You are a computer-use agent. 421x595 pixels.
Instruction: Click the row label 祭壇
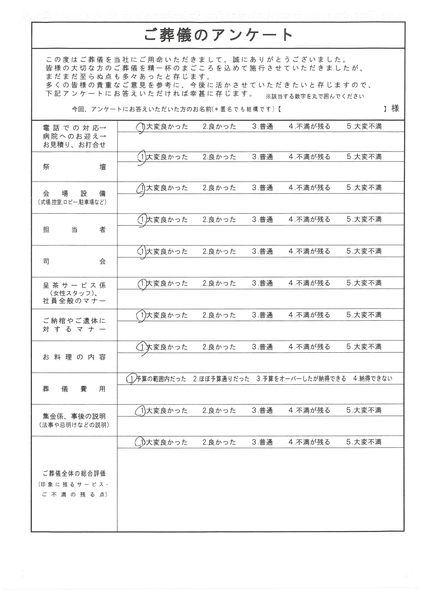pos(74,167)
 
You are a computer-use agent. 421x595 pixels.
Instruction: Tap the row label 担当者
pos(74,230)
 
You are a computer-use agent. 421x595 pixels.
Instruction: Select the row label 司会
pos(74,261)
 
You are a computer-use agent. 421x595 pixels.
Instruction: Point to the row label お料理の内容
pos(74,357)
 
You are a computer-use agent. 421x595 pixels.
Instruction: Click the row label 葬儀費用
pos(74,389)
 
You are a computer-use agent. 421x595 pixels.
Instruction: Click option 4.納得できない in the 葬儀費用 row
pos(373,379)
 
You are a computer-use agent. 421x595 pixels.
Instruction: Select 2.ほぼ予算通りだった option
pos(221,379)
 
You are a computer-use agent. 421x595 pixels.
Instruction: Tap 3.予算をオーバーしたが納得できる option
pos(301,379)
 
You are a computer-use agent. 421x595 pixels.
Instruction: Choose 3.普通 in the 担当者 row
pos(263,220)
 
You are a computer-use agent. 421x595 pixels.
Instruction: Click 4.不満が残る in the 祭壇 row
pos(309,157)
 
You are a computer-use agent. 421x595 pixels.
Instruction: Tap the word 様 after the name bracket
pos(395,108)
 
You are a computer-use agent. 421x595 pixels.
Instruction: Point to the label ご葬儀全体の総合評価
pos(74,474)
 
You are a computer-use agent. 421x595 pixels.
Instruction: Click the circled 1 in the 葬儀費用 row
pos(132,379)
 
